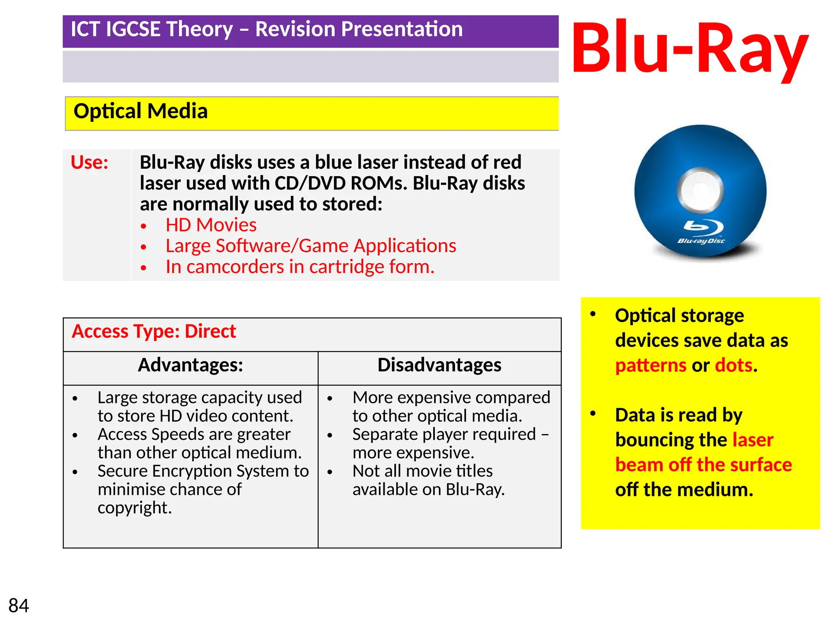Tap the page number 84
[x=19, y=606]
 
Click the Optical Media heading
[x=140, y=111]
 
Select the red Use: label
[x=90, y=162]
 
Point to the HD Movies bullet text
[x=211, y=225]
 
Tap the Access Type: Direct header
[x=154, y=332]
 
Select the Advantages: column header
[x=190, y=365]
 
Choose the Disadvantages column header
[x=439, y=365]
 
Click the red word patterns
[x=650, y=366]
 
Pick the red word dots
[x=734, y=366]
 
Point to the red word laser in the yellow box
[x=753, y=440]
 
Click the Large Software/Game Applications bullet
[x=310, y=246]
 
